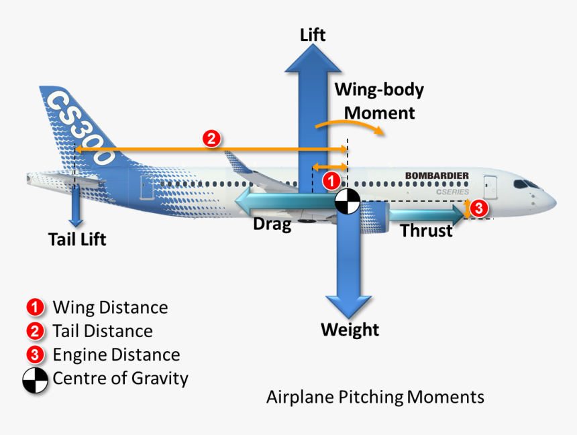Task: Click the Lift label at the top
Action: point(313,34)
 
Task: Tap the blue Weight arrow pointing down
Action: point(347,268)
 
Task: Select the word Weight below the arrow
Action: point(350,330)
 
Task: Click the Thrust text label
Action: point(426,231)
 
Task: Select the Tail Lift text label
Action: point(77,239)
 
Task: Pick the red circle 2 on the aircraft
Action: point(211,139)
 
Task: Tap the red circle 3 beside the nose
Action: point(478,208)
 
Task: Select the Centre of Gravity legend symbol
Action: point(36,379)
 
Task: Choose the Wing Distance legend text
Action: point(110,308)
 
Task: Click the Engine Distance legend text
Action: point(116,355)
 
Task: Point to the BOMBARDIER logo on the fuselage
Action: point(437,176)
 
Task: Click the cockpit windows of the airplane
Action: point(525,184)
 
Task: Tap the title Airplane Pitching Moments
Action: point(375,397)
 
